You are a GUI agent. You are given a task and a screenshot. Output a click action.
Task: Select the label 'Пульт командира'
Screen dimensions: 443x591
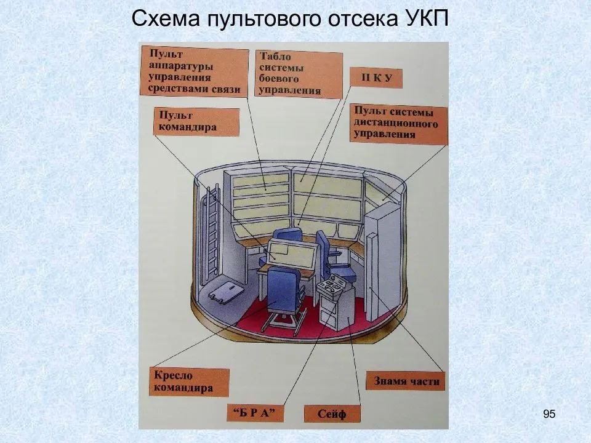(195, 122)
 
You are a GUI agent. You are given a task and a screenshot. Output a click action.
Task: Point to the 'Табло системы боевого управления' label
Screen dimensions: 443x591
(298, 74)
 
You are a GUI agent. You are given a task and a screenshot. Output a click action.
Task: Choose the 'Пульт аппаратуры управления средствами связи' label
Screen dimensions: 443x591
(193, 71)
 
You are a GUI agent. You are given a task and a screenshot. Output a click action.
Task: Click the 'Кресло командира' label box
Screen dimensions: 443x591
(189, 381)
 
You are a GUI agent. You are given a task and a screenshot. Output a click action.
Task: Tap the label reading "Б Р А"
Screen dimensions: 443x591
(254, 412)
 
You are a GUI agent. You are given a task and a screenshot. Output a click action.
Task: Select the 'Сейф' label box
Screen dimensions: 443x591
(332, 413)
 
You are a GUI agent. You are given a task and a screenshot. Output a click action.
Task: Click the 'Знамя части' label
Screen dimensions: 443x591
(406, 381)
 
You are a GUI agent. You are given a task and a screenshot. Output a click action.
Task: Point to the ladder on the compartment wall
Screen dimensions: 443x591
(211, 237)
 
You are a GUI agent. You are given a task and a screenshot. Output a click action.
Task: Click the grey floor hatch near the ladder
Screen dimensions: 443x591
(225, 292)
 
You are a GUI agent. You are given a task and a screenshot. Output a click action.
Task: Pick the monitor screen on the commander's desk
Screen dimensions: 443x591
(292, 253)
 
